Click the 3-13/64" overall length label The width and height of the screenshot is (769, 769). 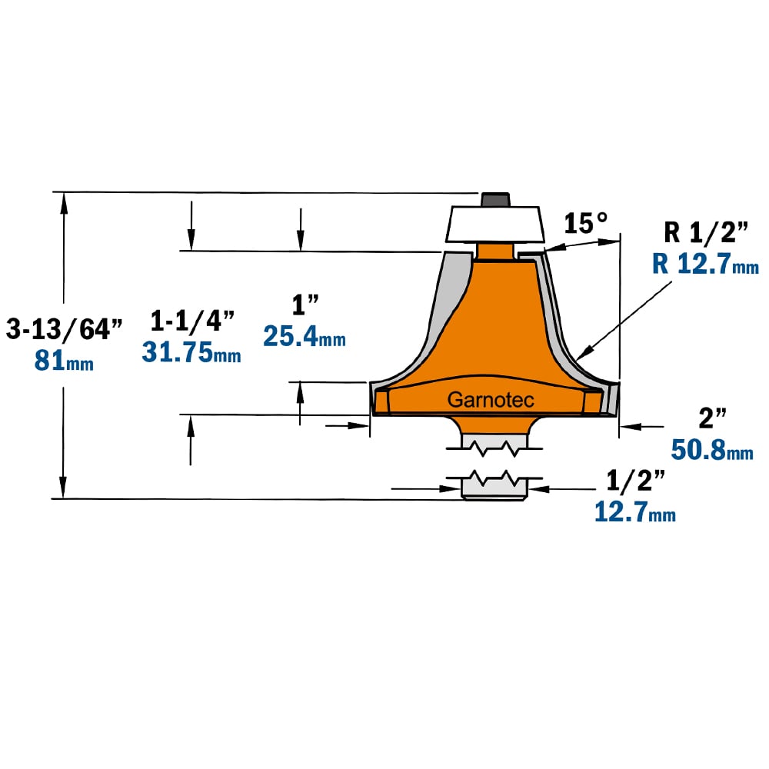(x=65, y=328)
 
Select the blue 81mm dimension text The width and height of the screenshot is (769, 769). (x=64, y=361)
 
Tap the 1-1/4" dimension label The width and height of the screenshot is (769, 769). (x=192, y=321)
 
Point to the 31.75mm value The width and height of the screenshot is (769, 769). (x=191, y=352)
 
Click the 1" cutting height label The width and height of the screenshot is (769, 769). (x=305, y=305)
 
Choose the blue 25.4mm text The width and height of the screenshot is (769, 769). (x=304, y=337)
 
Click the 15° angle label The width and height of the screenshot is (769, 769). (x=585, y=223)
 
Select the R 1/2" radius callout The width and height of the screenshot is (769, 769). (x=706, y=232)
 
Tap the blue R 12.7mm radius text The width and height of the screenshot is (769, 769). (x=705, y=264)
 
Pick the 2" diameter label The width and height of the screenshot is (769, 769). (x=712, y=418)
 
